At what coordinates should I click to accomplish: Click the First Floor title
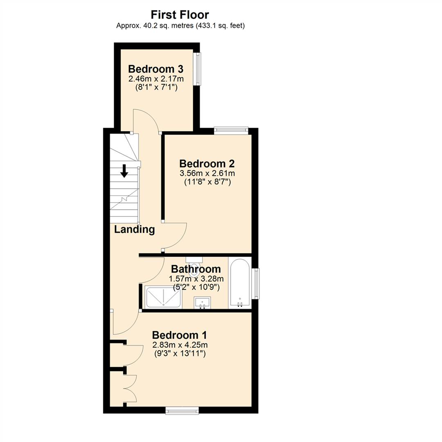pyautogui.click(x=180, y=15)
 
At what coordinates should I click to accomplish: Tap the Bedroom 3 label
pyautogui.click(x=156, y=68)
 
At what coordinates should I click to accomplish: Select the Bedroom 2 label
pyautogui.click(x=207, y=164)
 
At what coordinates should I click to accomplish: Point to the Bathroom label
pyautogui.click(x=196, y=269)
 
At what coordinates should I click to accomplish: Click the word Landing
pyautogui.click(x=134, y=230)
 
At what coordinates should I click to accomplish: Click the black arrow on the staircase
pyautogui.click(x=124, y=170)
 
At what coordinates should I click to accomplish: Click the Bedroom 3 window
pyautogui.click(x=198, y=68)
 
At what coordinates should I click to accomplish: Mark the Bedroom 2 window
pyautogui.click(x=231, y=131)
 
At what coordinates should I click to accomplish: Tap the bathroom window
pyautogui.click(x=256, y=283)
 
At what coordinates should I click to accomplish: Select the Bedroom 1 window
pyautogui.click(x=182, y=410)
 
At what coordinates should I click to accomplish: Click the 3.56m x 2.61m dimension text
pyautogui.click(x=207, y=174)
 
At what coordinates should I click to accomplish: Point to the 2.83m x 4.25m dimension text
pyautogui.click(x=179, y=345)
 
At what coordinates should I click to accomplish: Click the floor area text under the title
pyautogui.click(x=180, y=25)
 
